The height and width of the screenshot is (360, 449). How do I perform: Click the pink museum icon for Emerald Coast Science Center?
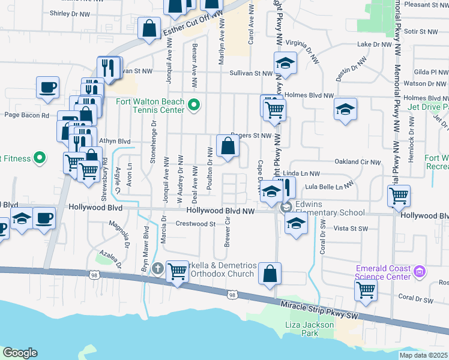click(x=420, y=272)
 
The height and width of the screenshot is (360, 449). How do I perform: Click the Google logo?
click(x=20, y=353)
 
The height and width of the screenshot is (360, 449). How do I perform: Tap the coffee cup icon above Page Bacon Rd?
click(x=47, y=87)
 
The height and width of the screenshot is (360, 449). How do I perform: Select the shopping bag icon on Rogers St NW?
click(x=228, y=145)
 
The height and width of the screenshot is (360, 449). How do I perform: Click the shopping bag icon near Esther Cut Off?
click(x=149, y=28)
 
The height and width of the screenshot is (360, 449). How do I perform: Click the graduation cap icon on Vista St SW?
click(x=295, y=224)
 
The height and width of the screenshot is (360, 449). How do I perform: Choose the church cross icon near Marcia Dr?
click(x=158, y=268)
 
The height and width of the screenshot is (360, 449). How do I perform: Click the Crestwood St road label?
click(x=195, y=224)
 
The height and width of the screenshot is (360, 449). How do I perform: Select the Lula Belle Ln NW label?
click(x=330, y=187)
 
